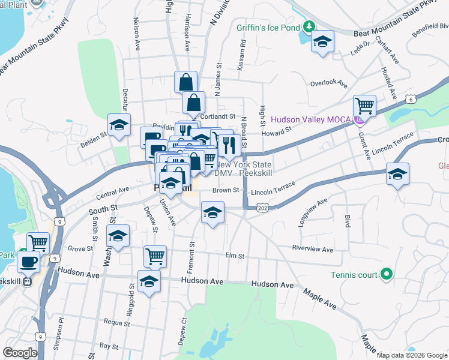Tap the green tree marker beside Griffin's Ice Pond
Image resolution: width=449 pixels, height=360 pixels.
click(x=309, y=26)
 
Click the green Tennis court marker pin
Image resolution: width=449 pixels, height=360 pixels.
click(x=387, y=275)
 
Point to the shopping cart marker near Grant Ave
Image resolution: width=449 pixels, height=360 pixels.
click(x=364, y=106)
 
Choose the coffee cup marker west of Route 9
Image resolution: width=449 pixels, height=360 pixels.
click(x=29, y=261)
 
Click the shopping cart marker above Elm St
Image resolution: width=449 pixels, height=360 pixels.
click(x=155, y=256)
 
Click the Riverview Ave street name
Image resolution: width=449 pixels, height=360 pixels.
click(x=312, y=249)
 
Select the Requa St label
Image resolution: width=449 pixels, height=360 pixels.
click(x=117, y=322)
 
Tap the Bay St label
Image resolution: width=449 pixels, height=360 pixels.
click(x=109, y=346)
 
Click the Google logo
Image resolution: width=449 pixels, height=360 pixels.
click(x=20, y=353)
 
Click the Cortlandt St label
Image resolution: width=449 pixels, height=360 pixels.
click(x=217, y=116)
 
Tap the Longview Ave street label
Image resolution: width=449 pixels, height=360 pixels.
click(x=312, y=214)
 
